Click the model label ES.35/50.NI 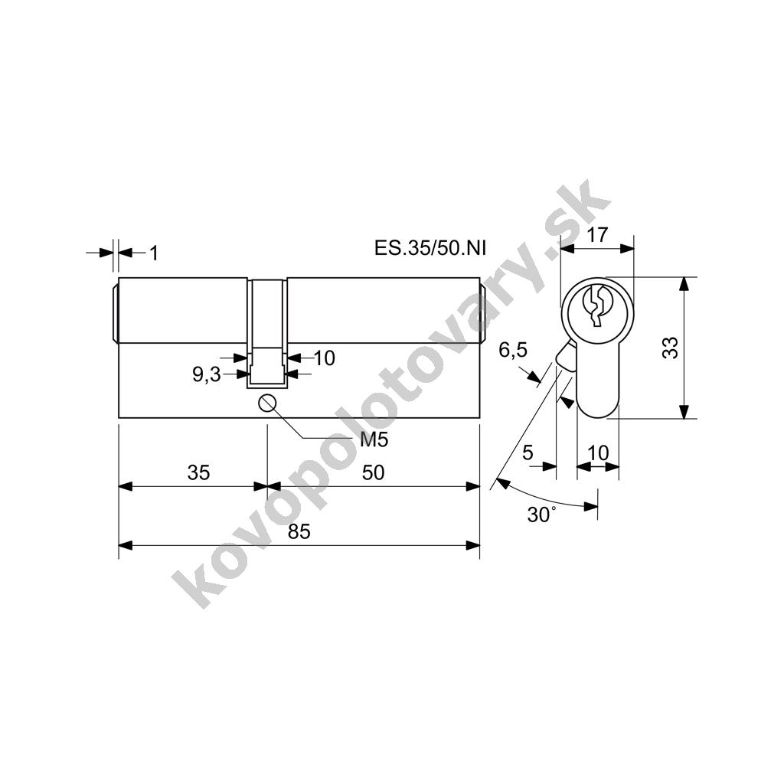tap(430, 248)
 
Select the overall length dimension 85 tap(299, 531)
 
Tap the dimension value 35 tap(198, 472)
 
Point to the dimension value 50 tap(373, 472)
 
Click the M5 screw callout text tap(374, 439)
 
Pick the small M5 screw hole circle tap(267, 403)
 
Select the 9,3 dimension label tap(207, 374)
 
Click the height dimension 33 tap(670, 348)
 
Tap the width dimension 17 tap(597, 234)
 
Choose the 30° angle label tap(541, 514)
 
